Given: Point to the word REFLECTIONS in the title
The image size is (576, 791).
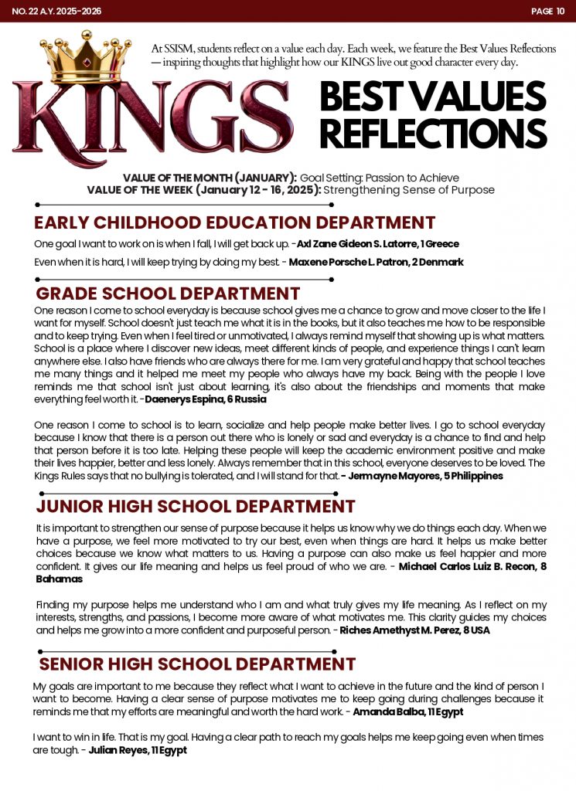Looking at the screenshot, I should pos(433,134).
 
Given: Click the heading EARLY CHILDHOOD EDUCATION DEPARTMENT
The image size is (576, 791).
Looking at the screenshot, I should pos(234,223).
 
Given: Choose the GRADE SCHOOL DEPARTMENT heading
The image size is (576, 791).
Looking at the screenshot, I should pos(168,294).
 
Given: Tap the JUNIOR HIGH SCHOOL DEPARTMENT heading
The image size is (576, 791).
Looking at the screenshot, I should pos(196,507).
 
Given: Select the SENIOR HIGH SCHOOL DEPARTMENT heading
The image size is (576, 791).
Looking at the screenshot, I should pos(197,664).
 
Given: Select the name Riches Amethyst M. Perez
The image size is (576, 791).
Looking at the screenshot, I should pos(398,630).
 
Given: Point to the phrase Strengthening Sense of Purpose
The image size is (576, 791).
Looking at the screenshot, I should pos(409,190).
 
